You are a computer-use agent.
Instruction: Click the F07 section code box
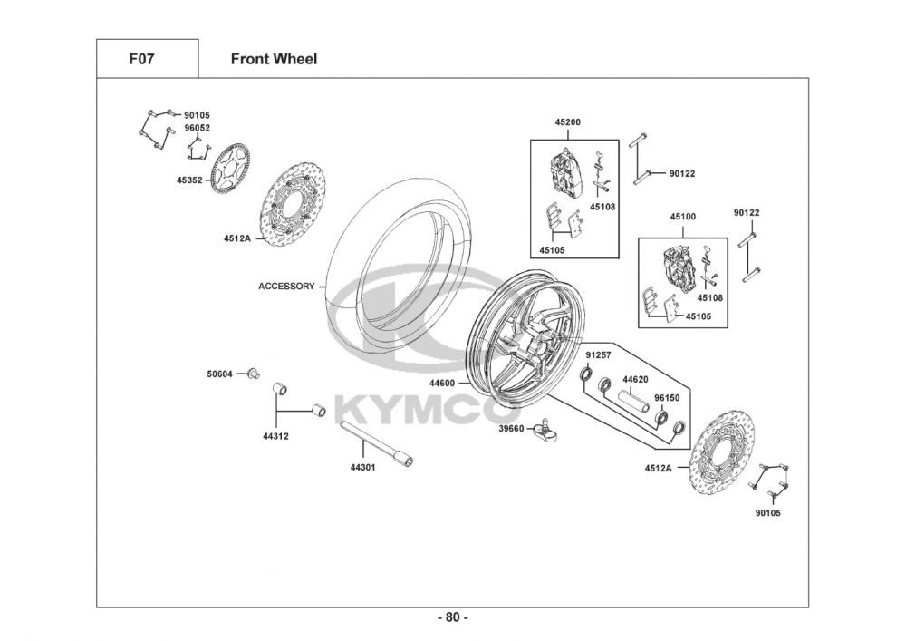148,58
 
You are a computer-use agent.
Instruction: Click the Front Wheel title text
274,59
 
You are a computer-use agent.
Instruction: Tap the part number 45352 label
189,180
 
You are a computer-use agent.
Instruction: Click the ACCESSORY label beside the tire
286,287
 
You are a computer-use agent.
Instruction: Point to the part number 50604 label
219,374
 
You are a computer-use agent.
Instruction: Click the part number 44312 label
275,436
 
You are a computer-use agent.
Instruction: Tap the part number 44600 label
443,383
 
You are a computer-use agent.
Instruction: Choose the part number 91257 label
598,355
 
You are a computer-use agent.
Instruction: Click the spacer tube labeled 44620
636,401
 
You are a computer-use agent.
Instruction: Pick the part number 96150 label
667,398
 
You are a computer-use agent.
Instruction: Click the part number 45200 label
568,122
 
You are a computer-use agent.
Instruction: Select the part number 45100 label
683,217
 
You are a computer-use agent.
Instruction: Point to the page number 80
452,617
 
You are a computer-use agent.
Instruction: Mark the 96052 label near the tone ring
198,129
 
